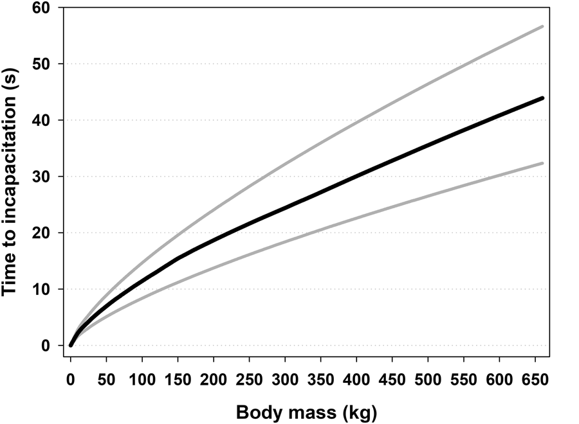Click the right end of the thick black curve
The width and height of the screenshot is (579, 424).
(x=543, y=98)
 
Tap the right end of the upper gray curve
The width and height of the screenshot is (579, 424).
(x=543, y=26)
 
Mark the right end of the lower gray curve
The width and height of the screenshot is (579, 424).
(x=543, y=163)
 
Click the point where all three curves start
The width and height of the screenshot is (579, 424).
(x=71, y=345)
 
